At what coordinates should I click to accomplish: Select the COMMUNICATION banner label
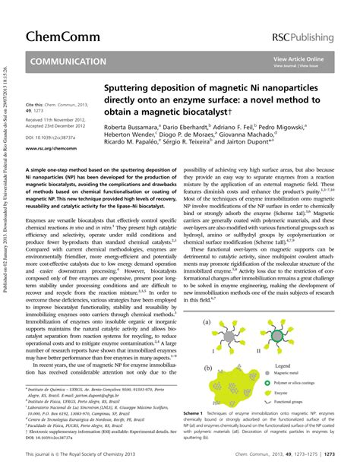pyautogui.click(x=68, y=62)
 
